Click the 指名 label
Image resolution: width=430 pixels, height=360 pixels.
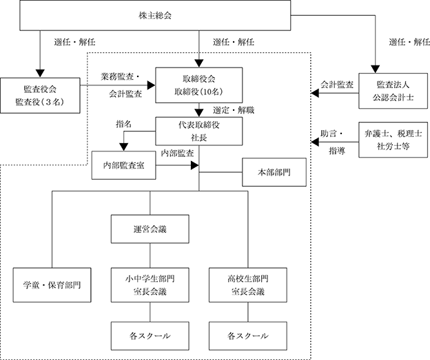tap(123, 124)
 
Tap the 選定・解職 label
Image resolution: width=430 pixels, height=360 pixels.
tap(234, 110)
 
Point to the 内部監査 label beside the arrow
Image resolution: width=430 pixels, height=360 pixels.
tap(177, 153)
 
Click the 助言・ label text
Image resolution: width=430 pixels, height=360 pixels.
tap(332, 134)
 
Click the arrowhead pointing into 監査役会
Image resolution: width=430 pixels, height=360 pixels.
tap(40, 74)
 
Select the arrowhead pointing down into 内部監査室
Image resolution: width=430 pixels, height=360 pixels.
tap(123, 147)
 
